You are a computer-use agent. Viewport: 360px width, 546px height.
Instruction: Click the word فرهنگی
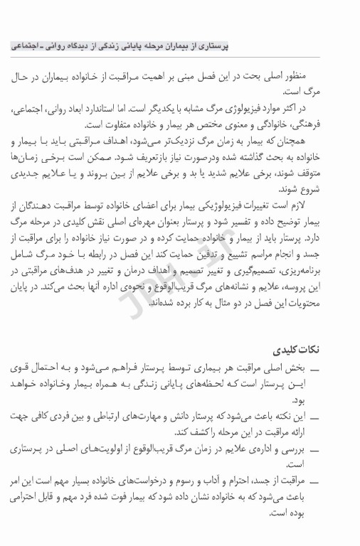coord(331,122)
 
